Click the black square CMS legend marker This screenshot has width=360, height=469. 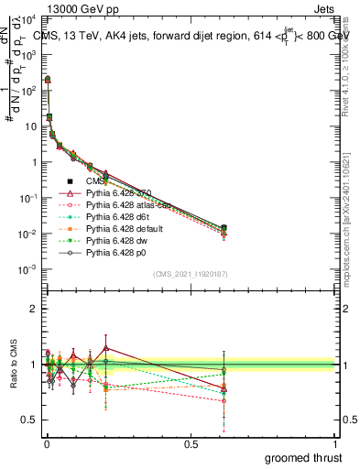point(70,181)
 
